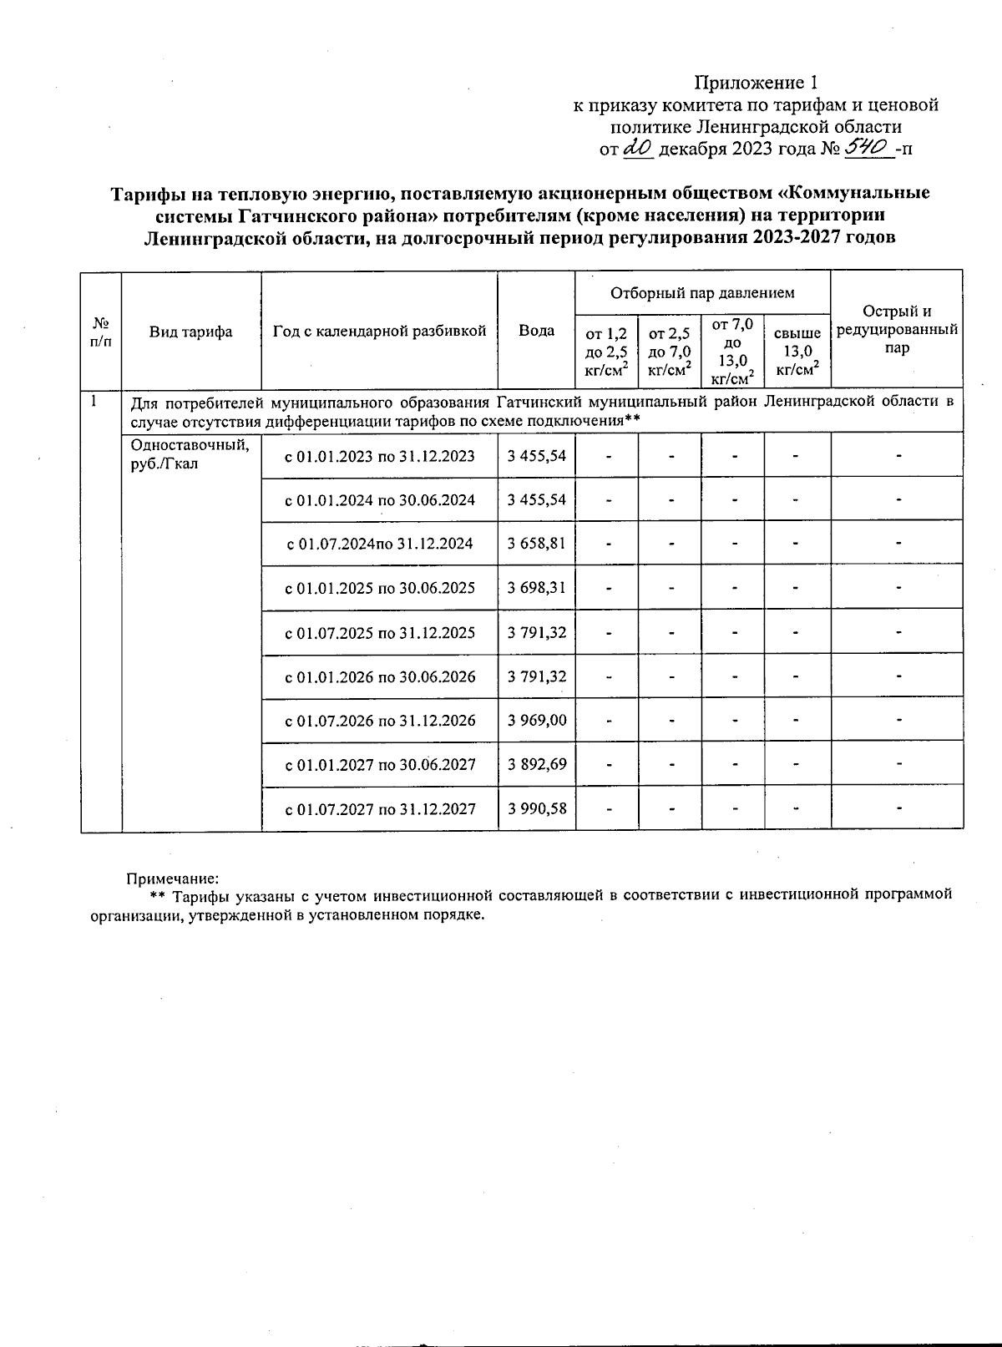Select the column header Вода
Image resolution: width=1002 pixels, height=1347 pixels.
(x=536, y=331)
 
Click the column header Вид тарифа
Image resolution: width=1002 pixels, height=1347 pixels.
(x=191, y=332)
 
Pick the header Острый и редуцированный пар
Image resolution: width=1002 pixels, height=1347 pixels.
(x=897, y=330)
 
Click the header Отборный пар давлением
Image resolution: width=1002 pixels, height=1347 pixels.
(x=702, y=293)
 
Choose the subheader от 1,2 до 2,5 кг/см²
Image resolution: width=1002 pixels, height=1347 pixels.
(x=606, y=352)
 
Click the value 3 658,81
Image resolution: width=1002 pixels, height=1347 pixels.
(x=536, y=544)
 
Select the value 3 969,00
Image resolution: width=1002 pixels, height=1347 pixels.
(x=536, y=720)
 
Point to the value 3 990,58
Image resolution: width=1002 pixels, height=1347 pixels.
(x=536, y=808)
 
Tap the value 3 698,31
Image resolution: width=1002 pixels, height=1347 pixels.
(x=536, y=588)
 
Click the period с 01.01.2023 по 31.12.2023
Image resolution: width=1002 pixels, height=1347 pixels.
(x=380, y=456)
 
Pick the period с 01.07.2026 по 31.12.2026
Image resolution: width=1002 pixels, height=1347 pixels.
(x=380, y=720)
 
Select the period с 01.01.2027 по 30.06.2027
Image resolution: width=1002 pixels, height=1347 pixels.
(x=380, y=764)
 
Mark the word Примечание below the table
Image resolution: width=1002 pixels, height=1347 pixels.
(x=172, y=879)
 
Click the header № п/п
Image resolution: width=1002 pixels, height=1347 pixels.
(x=101, y=332)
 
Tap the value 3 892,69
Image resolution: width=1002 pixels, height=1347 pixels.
(x=536, y=764)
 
